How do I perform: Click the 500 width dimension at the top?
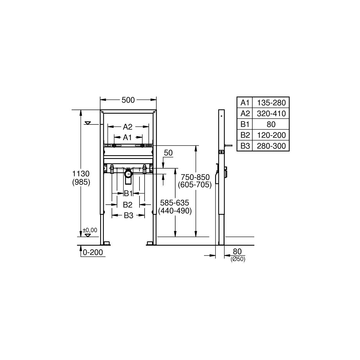coord(128,100)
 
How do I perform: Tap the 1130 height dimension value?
coord(81,174)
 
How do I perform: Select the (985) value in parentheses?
coord(81,182)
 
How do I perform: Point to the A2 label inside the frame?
coord(127,127)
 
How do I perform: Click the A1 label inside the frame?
coord(127,138)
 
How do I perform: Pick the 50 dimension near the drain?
coord(168,153)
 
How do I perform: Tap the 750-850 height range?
coord(195,177)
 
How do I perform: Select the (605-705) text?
coord(195,185)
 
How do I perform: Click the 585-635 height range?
coord(175,203)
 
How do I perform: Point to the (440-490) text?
coord(175,211)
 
